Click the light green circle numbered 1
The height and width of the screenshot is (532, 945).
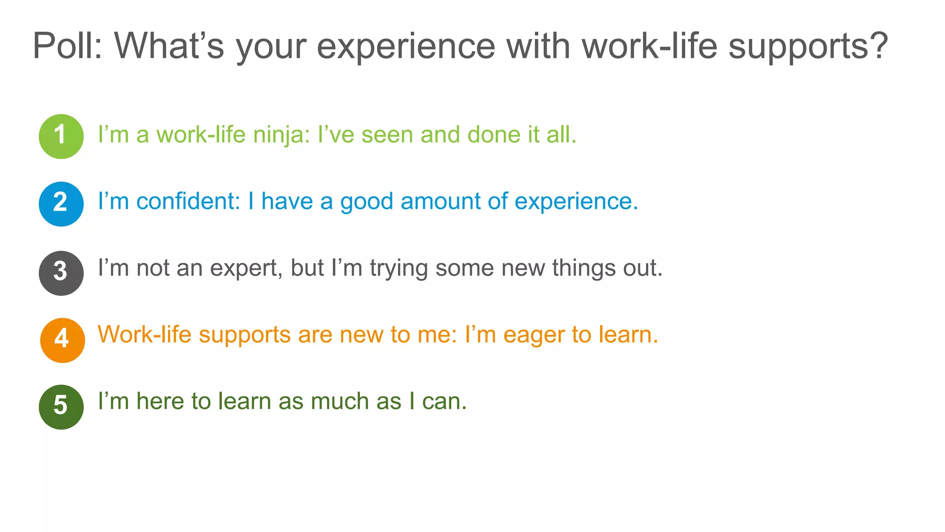pyautogui.click(x=61, y=136)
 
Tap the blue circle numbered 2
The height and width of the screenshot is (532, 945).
pyautogui.click(x=61, y=204)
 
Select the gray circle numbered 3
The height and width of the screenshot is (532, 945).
pyautogui.click(x=61, y=273)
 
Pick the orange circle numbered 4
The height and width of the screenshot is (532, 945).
pyautogui.click(x=62, y=340)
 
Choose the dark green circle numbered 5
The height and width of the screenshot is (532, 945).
pyautogui.click(x=61, y=407)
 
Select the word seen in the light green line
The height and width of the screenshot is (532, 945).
pyautogui.click(x=387, y=135)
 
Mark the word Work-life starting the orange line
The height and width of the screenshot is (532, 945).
pyautogui.click(x=144, y=334)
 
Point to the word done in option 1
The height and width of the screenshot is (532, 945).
pyautogui.click(x=493, y=135)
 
